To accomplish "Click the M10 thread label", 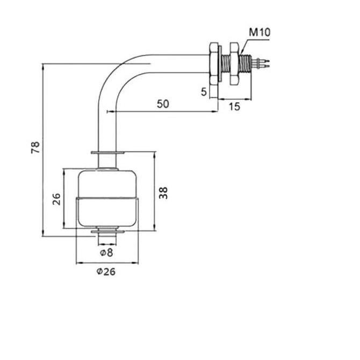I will point(260,33).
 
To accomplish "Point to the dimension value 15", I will point(234,107).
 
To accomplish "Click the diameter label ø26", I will point(106,271).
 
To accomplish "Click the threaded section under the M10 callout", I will point(247,63).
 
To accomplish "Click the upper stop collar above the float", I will point(107,154).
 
